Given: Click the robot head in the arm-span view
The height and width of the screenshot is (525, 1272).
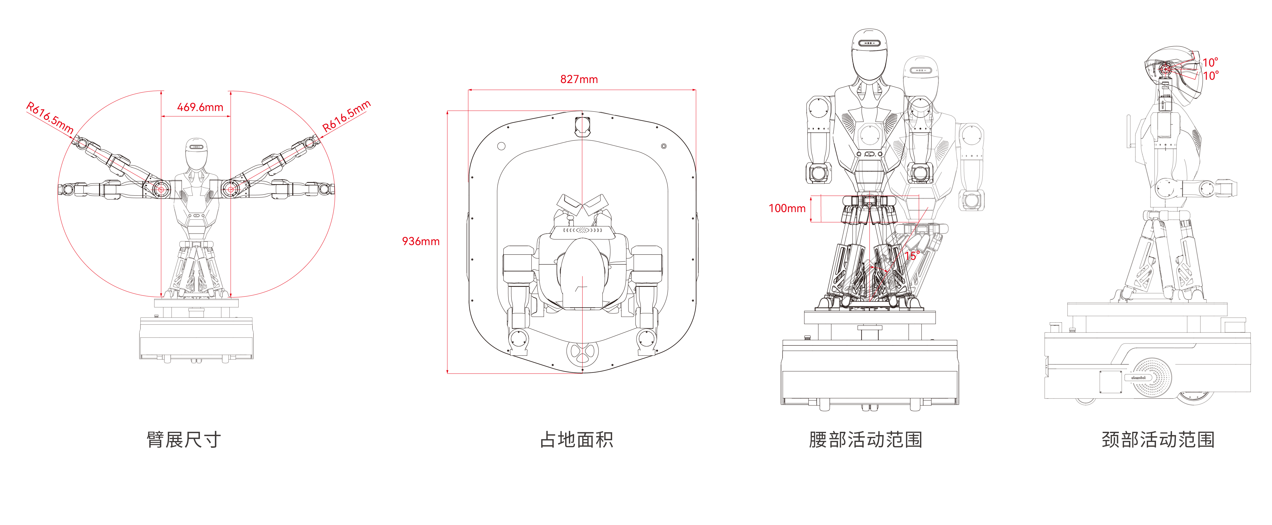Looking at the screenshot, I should pos(196,153).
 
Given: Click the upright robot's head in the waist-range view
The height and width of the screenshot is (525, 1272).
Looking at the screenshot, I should pos(869,54).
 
